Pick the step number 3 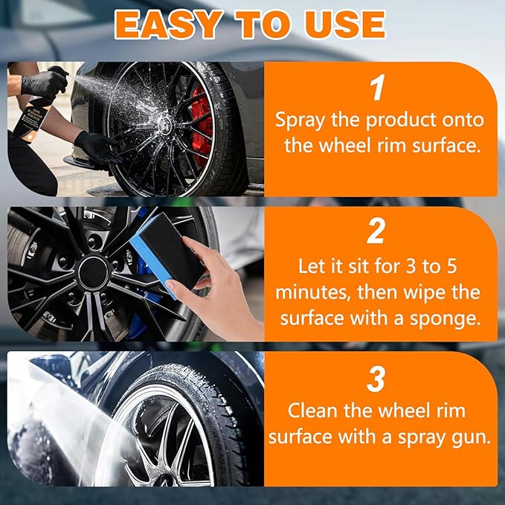pos(378,379)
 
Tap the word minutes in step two pos(312,292)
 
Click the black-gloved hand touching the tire pos(97,147)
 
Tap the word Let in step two pos(312,265)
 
